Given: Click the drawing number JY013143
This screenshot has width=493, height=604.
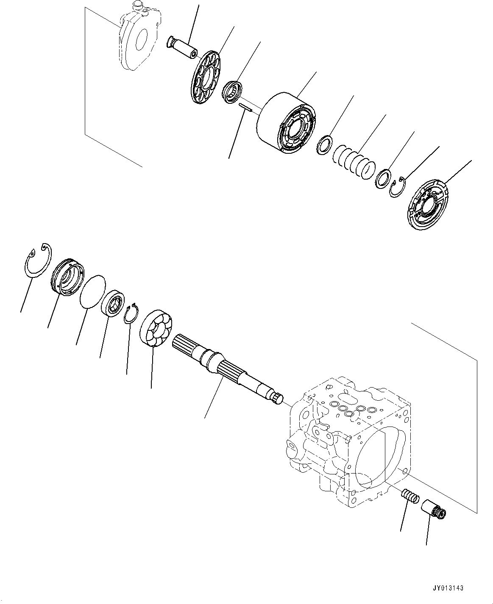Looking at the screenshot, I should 449,588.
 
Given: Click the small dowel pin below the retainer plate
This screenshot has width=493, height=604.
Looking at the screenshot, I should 245,108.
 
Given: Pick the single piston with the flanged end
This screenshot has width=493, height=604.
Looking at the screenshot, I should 183,47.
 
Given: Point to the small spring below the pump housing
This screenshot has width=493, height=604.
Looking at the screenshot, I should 409,496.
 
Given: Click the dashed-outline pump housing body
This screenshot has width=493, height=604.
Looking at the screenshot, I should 348,441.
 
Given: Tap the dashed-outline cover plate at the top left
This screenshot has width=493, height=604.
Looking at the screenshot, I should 138,40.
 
